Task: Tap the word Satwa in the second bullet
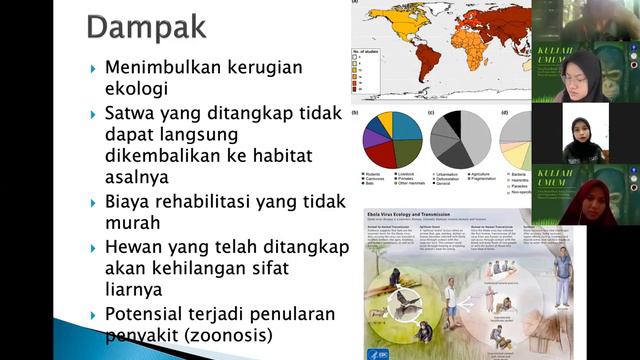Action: click(x=133, y=113)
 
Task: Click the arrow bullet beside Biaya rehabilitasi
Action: click(x=93, y=201)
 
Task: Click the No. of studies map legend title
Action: click(x=368, y=52)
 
